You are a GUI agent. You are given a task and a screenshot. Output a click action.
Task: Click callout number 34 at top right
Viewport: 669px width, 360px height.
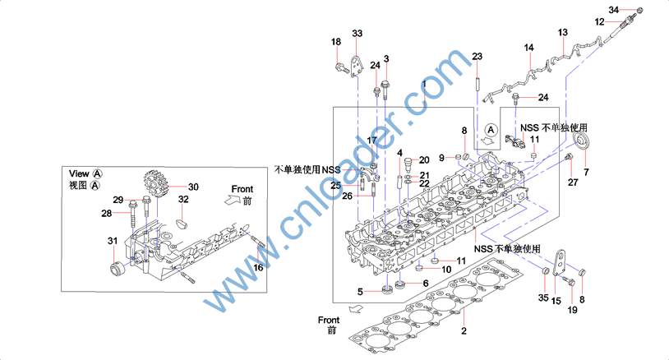614,9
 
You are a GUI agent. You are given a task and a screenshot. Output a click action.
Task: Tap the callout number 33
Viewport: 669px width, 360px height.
357,34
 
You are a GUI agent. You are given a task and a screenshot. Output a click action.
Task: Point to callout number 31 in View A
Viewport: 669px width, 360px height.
113,240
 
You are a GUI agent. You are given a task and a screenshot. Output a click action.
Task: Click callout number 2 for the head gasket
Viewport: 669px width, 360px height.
464,331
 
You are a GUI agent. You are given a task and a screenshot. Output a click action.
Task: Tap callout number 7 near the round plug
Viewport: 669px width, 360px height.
586,173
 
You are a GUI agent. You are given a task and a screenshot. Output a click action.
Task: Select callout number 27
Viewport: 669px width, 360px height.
573,182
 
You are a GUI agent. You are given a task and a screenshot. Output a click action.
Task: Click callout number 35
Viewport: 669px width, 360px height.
542,297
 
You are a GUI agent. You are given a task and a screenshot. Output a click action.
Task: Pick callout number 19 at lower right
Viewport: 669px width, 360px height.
573,311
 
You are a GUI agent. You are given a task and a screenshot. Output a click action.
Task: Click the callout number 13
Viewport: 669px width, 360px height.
563,33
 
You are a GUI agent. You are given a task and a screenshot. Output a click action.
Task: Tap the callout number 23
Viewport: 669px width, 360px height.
477,56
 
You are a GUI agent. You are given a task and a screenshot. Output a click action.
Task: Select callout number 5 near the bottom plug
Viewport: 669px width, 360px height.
360,291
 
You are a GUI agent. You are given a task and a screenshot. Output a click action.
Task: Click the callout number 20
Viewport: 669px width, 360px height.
424,159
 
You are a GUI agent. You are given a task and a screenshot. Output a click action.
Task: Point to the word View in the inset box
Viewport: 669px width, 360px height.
79,173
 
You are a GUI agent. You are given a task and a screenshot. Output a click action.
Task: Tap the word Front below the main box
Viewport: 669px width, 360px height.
329,319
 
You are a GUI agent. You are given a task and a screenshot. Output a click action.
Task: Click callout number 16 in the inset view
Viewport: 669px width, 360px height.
258,267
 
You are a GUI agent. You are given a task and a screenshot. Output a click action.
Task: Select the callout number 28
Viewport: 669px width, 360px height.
106,214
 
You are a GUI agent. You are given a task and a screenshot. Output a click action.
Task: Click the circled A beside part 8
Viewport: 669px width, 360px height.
491,130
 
